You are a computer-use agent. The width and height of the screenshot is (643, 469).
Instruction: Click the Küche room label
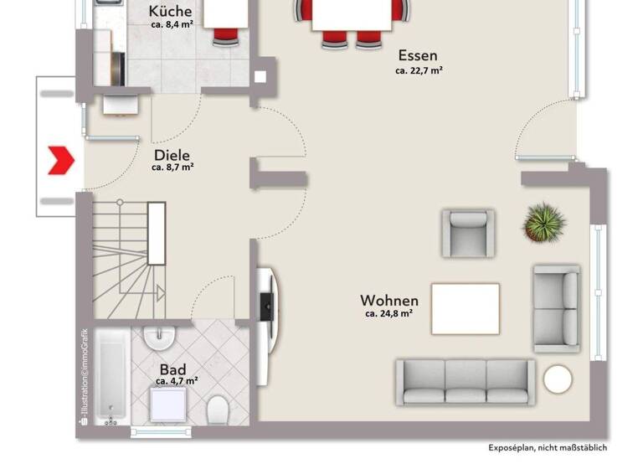point(170,12)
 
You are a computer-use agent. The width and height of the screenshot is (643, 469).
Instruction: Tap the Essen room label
point(418,56)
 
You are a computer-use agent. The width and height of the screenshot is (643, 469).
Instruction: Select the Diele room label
point(172,155)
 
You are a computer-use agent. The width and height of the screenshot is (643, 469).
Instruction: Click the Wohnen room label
point(389,300)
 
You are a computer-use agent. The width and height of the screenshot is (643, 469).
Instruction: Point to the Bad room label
point(172,368)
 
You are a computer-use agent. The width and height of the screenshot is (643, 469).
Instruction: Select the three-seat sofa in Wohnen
point(466,382)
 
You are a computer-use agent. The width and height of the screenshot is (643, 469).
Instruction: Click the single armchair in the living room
point(468,233)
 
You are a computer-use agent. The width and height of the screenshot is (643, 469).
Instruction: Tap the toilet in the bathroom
point(218,410)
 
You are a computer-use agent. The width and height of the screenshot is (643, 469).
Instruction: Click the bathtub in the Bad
point(111,377)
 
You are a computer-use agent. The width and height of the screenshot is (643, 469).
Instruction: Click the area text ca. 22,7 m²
point(419,71)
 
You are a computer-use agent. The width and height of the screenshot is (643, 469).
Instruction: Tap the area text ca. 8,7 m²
point(172,167)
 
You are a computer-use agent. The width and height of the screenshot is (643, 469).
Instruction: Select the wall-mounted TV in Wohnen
point(267,305)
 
